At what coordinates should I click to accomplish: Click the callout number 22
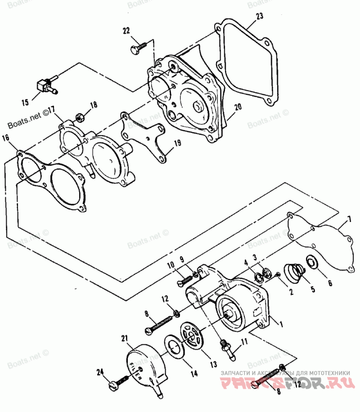point(126,30)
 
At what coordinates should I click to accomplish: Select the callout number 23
point(259,17)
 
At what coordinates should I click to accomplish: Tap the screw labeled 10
point(185,279)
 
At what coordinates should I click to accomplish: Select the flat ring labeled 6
point(310,262)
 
